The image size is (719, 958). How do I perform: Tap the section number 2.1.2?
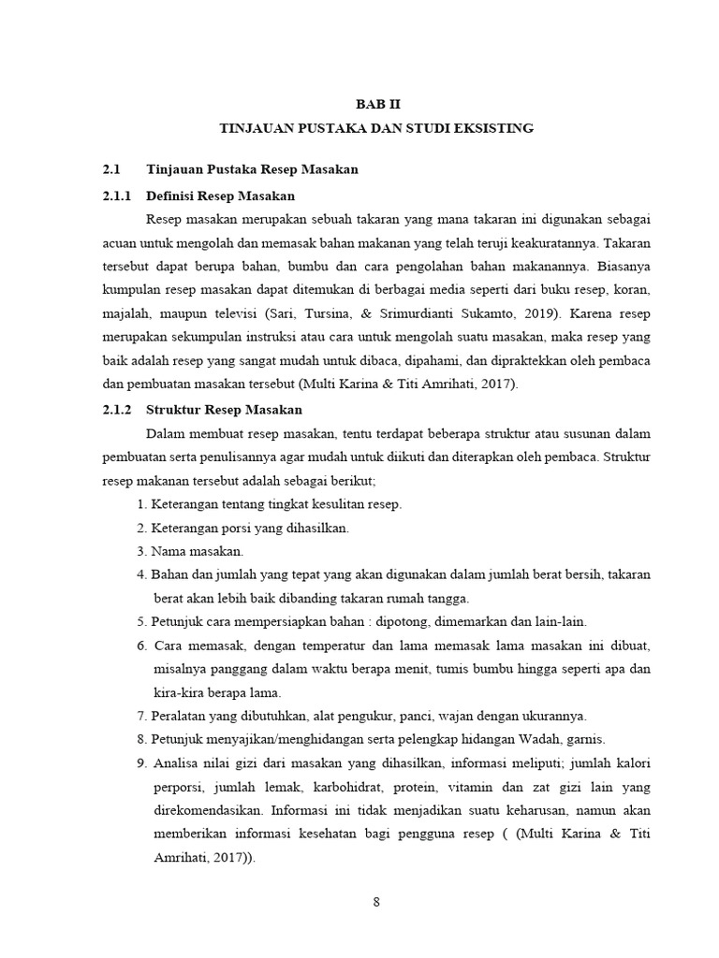coord(118,409)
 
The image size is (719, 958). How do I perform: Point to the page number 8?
coord(376,903)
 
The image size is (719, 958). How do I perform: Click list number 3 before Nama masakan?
coord(140,552)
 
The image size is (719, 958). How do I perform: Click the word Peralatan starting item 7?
coord(180,716)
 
